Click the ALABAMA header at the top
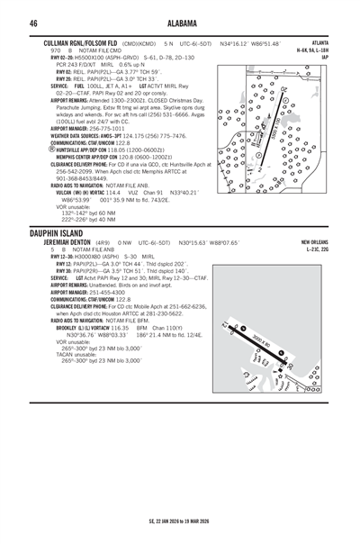click(x=180, y=23)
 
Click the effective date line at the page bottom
click(x=180, y=521)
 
